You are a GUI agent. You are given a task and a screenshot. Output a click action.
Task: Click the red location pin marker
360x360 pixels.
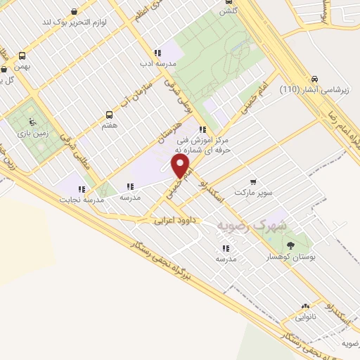(181, 166)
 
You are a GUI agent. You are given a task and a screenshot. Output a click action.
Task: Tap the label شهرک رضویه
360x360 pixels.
(252, 226)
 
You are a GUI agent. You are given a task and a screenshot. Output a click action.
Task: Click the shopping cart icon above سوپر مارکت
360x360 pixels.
(253, 181)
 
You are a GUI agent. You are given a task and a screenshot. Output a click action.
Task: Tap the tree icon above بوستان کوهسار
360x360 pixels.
(290, 245)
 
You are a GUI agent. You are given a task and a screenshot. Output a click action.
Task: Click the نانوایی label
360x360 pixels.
(305, 317)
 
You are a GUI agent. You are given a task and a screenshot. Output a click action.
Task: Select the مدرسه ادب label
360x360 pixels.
(158, 63)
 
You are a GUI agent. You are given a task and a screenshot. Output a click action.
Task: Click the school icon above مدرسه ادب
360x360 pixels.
(158, 53)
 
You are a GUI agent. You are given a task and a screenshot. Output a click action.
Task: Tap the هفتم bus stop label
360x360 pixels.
(109, 124)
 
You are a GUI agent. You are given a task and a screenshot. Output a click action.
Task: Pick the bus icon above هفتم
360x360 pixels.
(109, 114)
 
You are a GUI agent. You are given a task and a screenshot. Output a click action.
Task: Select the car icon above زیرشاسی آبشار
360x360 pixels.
(314, 79)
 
